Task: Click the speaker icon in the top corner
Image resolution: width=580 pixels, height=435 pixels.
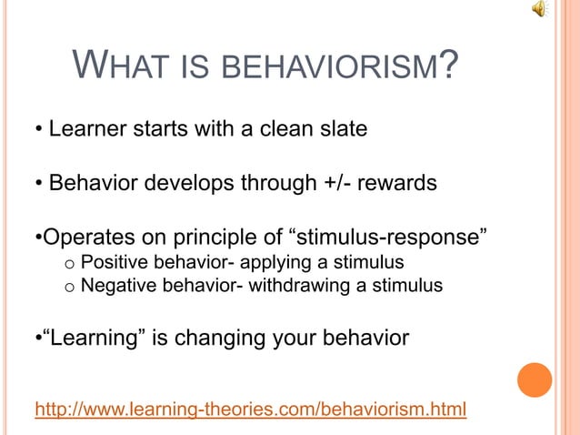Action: pos(540,10)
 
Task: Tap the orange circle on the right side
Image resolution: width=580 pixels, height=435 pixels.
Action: pos(534,379)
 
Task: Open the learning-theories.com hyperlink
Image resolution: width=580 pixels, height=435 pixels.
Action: pos(250,410)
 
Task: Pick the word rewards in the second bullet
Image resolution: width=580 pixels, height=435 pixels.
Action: pos(401,184)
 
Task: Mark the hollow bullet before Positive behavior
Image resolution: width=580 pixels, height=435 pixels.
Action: pos(69,265)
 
